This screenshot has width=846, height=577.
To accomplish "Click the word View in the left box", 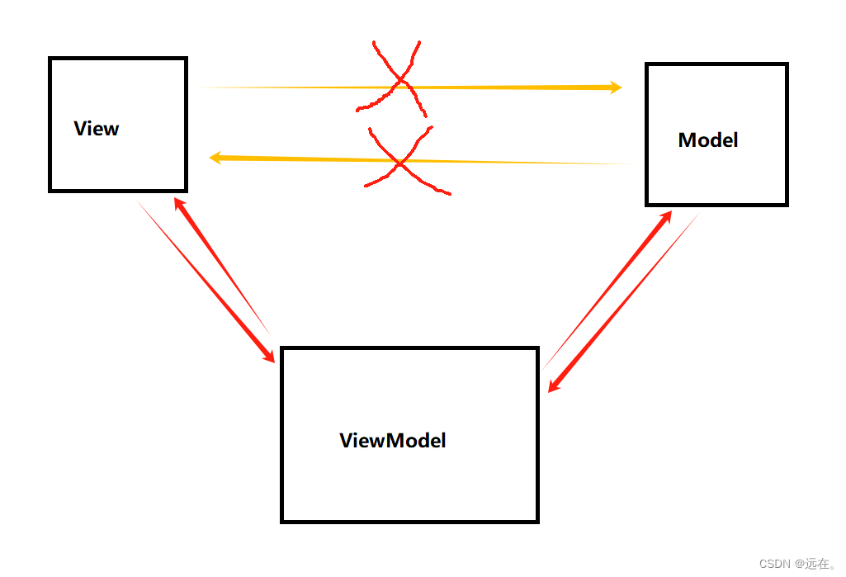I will (x=97, y=129).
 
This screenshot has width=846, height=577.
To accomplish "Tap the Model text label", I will (x=708, y=140).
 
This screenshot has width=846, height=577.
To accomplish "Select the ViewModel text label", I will (x=393, y=441).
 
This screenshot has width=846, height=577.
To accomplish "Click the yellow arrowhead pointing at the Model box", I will (x=615, y=87).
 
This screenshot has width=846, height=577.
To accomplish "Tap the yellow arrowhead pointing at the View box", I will (x=215, y=158).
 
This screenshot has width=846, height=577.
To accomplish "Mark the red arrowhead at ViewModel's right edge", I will (x=554, y=385).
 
